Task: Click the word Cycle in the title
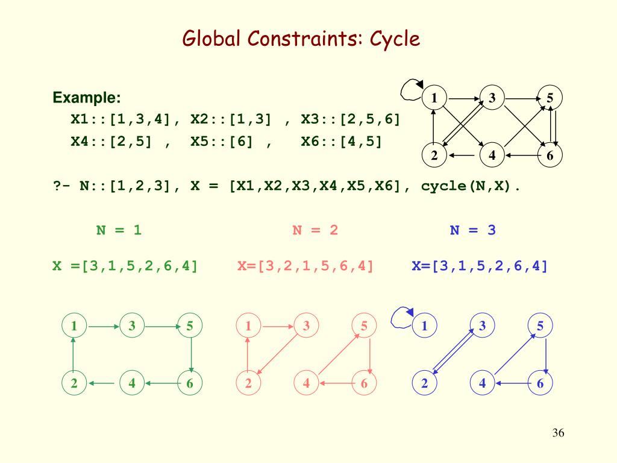pos(394,40)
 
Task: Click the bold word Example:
pos(87,98)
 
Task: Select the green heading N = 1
pos(119,230)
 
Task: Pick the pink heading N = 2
pos(315,230)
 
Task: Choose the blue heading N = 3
pos(473,230)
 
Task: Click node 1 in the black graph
pos(434,98)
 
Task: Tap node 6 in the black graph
pos(550,156)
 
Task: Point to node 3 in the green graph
pos(132,326)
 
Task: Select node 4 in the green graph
pos(132,383)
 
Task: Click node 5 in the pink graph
pos(364,326)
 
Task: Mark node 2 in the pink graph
pos(248,383)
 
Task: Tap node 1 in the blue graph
pos(424,326)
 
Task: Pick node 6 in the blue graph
pos(540,383)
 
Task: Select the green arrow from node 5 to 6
pos(190,354)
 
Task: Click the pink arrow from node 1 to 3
pos(277,326)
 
